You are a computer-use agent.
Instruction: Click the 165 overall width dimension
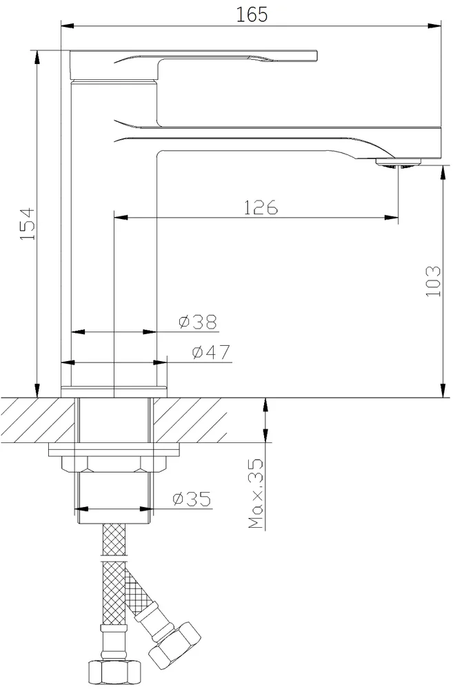click(252, 14)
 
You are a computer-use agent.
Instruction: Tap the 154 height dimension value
click(28, 224)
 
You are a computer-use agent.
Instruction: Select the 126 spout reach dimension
click(261, 207)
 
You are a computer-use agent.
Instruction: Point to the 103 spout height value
click(433, 281)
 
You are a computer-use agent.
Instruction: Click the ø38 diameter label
click(198, 322)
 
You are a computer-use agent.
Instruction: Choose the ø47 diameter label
click(211, 352)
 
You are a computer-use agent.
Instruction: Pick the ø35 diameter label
click(192, 499)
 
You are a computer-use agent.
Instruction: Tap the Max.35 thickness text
click(255, 493)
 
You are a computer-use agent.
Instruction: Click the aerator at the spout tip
click(398, 163)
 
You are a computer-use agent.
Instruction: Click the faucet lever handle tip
click(315, 56)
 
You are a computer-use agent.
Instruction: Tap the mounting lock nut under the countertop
click(114, 463)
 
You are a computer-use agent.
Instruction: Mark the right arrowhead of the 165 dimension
click(435, 25)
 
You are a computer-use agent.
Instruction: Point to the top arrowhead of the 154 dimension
click(37, 58)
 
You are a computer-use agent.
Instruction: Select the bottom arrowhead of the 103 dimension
click(441, 391)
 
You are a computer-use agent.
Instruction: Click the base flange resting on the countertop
click(114, 392)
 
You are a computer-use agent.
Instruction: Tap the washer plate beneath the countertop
click(114, 449)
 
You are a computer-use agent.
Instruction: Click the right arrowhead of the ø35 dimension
click(147, 509)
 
